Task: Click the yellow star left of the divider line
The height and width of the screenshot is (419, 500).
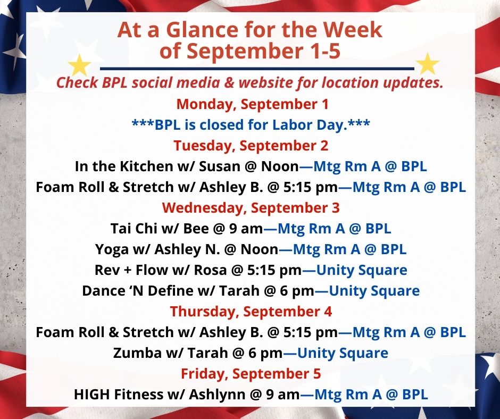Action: pyautogui.click(x=79, y=65)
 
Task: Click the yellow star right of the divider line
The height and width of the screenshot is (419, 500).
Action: pyautogui.click(x=428, y=64)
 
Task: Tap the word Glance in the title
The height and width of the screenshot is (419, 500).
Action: pyautogui.click(x=202, y=30)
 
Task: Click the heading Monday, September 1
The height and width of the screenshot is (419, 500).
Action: pyautogui.click(x=252, y=104)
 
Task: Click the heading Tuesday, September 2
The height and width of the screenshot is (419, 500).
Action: pyautogui.click(x=251, y=145)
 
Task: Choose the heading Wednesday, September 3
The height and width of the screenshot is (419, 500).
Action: pyautogui.click(x=251, y=207)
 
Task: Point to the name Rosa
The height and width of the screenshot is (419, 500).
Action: pyautogui.click(x=211, y=270)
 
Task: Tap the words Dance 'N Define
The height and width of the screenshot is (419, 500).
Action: pyautogui.click(x=138, y=291)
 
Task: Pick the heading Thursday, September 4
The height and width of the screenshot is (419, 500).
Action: pyautogui.click(x=251, y=312)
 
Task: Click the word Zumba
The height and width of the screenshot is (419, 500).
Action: pyautogui.click(x=137, y=353)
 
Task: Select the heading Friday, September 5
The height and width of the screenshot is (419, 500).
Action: pyautogui.click(x=251, y=374)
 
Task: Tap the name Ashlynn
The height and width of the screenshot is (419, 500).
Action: pyautogui.click(x=217, y=395)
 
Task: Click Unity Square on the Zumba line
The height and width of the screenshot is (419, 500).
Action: pyautogui.click(x=343, y=353)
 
